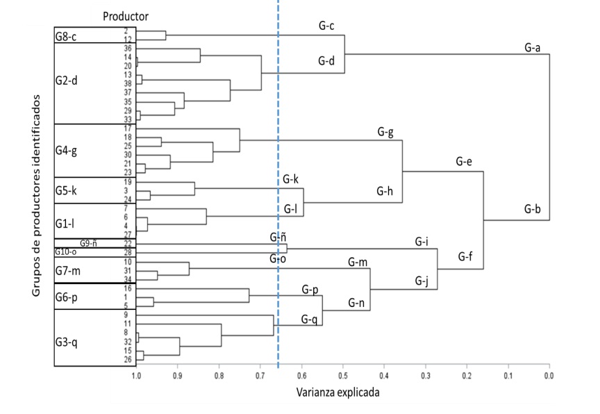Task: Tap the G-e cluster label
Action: coord(464,161)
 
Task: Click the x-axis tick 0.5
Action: coord(343,376)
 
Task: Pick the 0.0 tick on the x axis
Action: coord(549,376)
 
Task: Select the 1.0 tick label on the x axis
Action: coord(137,376)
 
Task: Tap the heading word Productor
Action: coord(126,16)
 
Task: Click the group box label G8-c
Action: coord(67,36)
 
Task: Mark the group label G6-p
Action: coord(67,296)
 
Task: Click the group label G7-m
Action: coord(68,270)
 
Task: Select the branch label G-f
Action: coord(466,256)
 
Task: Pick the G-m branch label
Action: coord(358,262)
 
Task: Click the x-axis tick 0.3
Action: coord(426,376)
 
